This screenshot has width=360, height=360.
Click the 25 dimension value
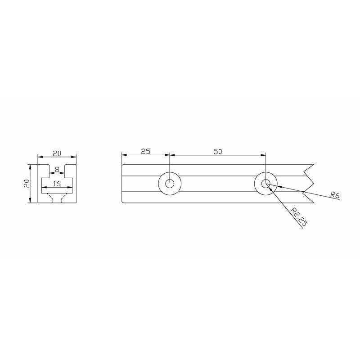coord(145,151)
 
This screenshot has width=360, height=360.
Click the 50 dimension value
coord(218,152)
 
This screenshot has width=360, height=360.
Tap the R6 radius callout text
coord(335,195)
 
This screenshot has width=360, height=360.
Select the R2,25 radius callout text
coord(299,217)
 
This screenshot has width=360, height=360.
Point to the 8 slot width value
coord(57,170)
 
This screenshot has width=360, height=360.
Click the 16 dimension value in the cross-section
coord(57,184)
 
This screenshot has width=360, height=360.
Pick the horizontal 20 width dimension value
coord(57,153)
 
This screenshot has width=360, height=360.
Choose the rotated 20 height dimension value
coord(27,184)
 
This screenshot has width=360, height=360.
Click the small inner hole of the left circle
coord(170,184)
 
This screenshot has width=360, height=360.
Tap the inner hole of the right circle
coord(265,184)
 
